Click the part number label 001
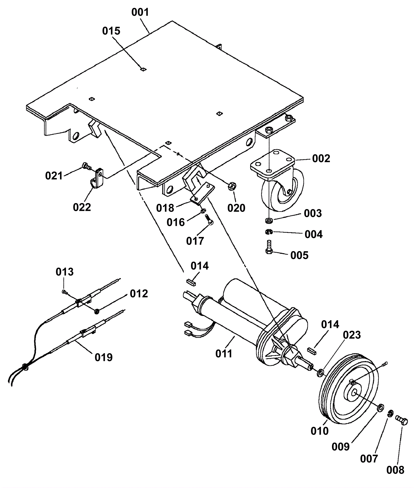[140, 12]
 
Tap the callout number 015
[111, 31]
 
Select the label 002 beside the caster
[321, 159]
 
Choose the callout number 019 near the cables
[103, 357]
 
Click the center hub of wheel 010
[354, 392]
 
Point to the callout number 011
[224, 354]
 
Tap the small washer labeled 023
[321, 373]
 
